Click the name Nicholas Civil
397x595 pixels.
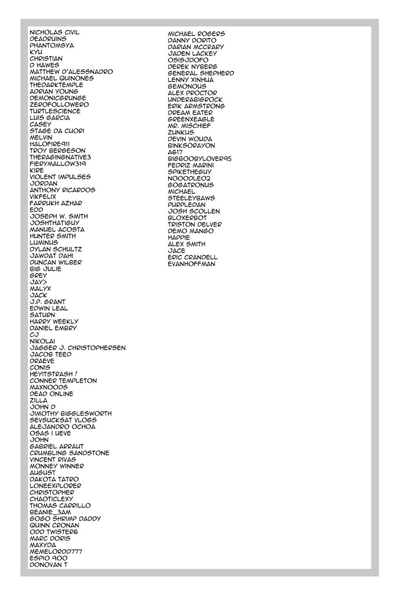tap(54, 32)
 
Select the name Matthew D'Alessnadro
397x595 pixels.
tap(71, 72)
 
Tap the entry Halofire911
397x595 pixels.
tap(49, 144)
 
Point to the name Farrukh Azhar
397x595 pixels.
tap(56, 203)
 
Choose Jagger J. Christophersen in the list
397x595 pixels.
tap(77, 348)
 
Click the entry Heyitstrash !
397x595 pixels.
tap(53, 374)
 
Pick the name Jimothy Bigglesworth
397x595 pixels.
tap(71, 414)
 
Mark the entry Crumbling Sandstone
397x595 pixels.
tap(69, 453)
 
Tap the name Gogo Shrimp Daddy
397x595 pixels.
tap(65, 519)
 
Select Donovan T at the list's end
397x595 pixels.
tap(48, 565)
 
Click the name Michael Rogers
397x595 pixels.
tap(196, 34)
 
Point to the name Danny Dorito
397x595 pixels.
tap(192, 41)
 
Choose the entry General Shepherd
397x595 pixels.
tap(201, 73)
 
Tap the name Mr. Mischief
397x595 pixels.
tap(189, 126)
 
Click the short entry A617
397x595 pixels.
tap(175, 152)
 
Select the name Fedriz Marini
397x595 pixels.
tap(190, 165)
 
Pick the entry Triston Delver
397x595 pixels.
tap(194, 224)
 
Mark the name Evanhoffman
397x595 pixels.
tap(191, 264)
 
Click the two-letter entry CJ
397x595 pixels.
tap(34, 335)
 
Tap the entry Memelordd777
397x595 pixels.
tap(56, 552)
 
